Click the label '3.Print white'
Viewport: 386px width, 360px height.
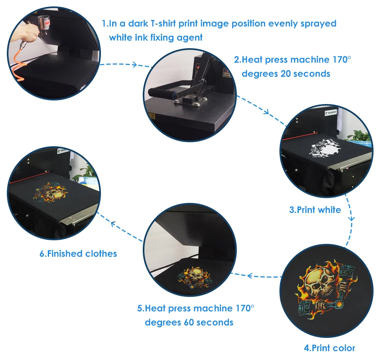tap(315, 210)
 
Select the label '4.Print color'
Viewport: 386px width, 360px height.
tap(329, 348)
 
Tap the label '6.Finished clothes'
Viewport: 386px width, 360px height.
tap(78, 254)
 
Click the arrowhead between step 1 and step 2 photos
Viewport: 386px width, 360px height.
tap(134, 65)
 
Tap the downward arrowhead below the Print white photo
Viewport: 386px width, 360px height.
tap(352, 218)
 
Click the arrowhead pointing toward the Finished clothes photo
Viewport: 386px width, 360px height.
tap(113, 224)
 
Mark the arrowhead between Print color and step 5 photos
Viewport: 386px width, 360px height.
tap(250, 276)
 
